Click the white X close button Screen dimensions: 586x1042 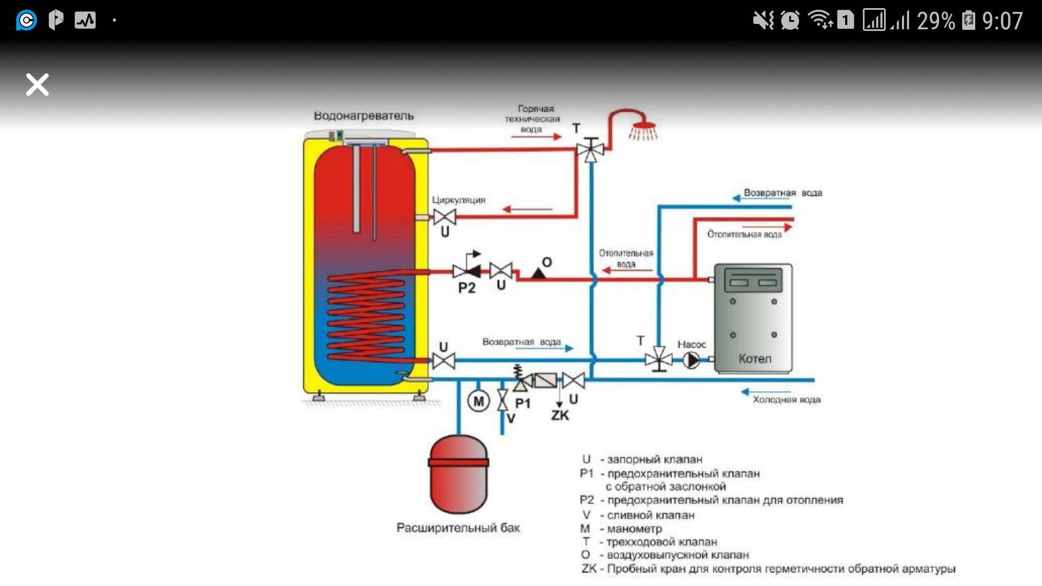pos(37,85)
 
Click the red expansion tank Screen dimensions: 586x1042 pos(459,474)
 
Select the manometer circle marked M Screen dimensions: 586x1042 pos(478,402)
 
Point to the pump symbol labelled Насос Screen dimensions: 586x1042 pos(691,360)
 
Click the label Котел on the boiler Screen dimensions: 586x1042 pos(754,359)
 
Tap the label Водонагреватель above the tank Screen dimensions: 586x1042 pos(364,116)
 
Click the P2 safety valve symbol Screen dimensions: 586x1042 pos(466,270)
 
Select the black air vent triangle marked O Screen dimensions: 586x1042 pos(538,272)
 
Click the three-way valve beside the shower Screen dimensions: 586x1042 pos(590,149)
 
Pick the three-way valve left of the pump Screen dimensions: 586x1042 pos(658,359)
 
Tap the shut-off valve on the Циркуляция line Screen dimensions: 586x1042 pos(444,217)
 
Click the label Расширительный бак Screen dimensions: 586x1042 pos(458,527)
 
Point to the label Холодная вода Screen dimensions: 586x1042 pos(786,400)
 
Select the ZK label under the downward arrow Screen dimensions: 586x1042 pos(560,416)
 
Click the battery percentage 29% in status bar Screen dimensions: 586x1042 pos(936,21)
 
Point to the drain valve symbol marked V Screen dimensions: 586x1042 pos(503,400)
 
